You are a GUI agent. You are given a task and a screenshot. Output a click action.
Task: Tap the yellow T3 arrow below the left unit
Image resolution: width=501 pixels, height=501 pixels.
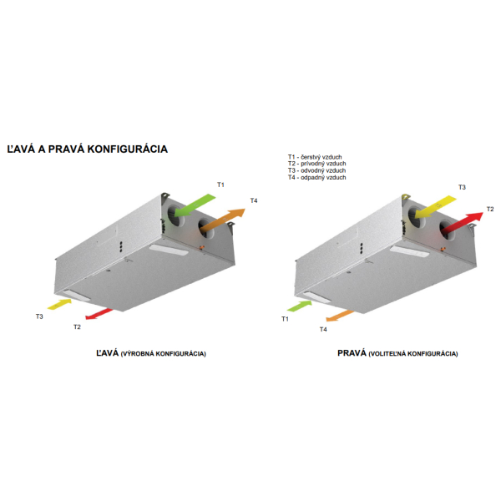60,304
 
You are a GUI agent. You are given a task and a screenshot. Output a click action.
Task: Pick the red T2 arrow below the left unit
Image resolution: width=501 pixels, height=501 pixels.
99,314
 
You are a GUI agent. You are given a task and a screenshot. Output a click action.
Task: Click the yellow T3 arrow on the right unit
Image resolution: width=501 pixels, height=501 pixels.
436,207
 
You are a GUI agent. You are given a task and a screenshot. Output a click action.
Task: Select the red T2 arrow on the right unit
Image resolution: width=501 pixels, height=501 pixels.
463,222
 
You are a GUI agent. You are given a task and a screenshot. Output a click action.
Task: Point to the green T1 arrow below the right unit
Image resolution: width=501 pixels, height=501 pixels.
300,306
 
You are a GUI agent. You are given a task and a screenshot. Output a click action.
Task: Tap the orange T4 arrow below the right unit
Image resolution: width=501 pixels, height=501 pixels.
339,316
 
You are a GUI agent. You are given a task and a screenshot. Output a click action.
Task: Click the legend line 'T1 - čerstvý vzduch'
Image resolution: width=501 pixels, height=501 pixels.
315,157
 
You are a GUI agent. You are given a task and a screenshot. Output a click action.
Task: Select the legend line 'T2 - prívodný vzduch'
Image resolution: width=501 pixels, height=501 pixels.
316,164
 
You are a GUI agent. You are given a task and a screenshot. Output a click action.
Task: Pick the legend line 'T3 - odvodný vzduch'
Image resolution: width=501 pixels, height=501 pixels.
316,170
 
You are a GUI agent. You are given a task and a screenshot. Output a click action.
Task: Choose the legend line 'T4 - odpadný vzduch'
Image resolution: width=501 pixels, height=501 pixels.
316,177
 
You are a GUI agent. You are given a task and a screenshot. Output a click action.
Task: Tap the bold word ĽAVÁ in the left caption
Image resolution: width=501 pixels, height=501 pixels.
108,352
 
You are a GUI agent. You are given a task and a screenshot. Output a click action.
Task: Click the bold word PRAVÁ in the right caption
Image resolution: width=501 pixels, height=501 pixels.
352,352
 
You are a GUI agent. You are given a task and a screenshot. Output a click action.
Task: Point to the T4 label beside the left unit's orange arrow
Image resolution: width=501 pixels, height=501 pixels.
254,200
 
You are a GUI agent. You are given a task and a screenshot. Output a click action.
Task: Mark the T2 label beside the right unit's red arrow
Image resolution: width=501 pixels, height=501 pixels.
490,209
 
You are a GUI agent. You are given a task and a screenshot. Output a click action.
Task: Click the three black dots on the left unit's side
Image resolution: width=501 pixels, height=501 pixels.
121,246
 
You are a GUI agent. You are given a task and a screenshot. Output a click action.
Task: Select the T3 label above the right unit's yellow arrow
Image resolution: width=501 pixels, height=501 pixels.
462,187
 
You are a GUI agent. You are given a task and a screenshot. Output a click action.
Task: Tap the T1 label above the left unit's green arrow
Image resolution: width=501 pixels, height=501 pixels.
220,185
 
